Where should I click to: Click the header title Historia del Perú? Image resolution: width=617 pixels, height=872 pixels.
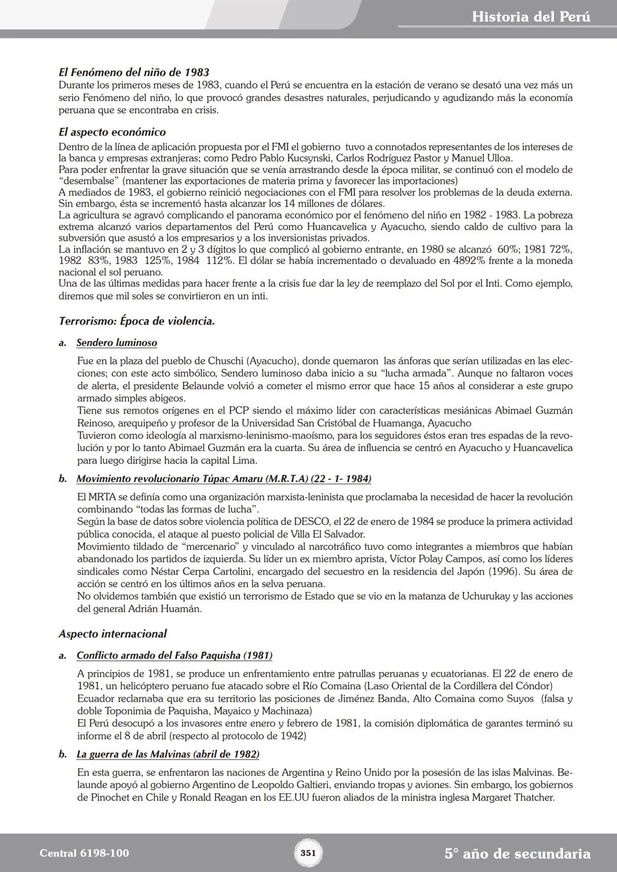(531, 17)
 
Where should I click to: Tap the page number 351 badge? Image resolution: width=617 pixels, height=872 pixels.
(308, 853)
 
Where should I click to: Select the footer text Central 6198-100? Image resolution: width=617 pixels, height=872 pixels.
(85, 853)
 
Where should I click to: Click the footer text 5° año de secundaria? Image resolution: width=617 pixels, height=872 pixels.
(517, 854)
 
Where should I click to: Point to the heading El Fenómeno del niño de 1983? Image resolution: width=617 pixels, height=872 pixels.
(134, 73)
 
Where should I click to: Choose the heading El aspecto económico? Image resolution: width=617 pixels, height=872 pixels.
(112, 132)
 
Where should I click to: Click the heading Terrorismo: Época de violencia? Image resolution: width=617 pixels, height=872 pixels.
(137, 321)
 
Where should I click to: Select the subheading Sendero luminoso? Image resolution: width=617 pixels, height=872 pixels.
(117, 343)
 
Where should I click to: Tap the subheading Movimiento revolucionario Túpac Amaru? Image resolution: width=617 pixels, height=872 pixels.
(223, 479)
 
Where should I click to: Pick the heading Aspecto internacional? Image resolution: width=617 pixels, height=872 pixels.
(113, 634)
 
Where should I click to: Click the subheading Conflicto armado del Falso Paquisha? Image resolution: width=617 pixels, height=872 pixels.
(174, 656)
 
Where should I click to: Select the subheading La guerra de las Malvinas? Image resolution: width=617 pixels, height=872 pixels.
(168, 754)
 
